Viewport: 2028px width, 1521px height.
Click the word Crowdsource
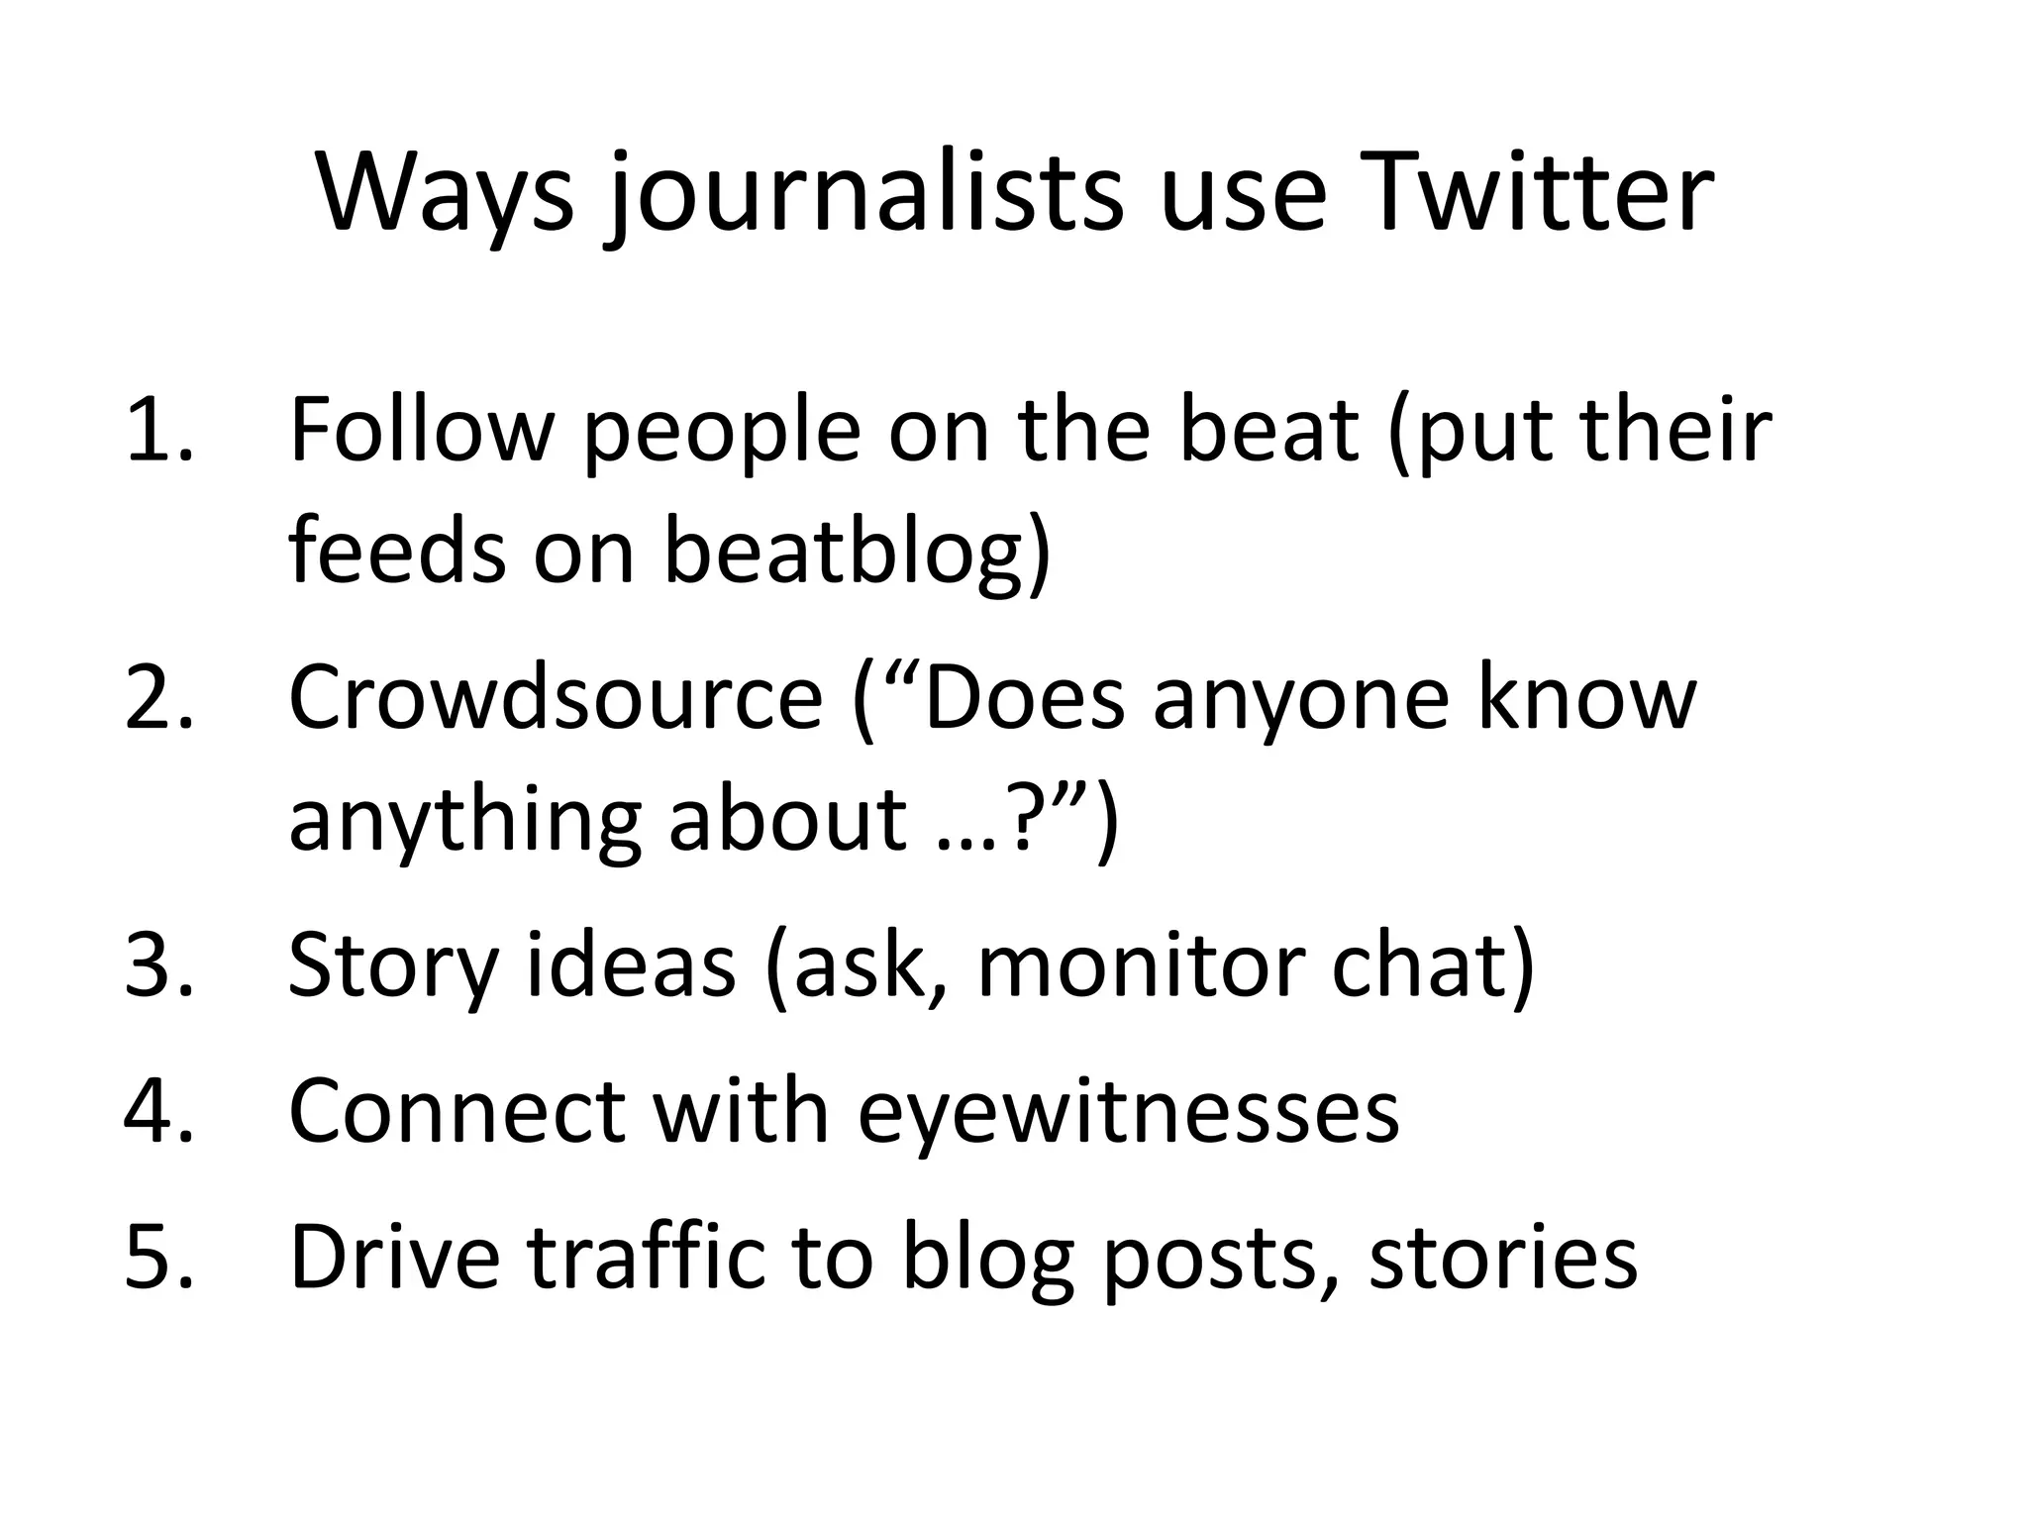pyautogui.click(x=555, y=698)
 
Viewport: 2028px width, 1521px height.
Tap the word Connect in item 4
pyautogui.click(x=456, y=1110)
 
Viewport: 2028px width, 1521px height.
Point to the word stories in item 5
pyautogui.click(x=1502, y=1257)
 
